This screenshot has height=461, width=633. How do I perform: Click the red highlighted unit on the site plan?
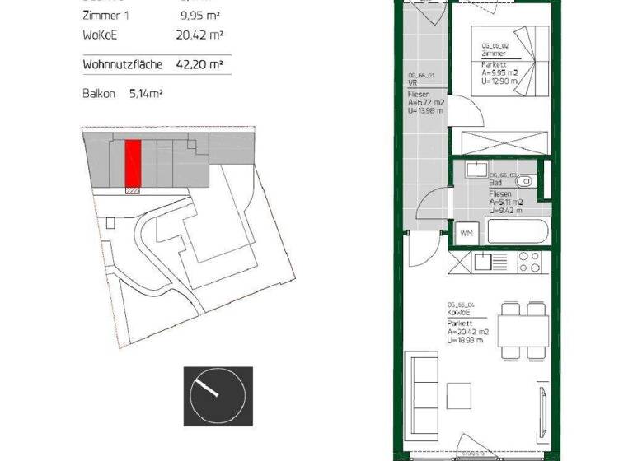pos(133,163)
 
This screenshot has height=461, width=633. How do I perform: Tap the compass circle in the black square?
pos(217,395)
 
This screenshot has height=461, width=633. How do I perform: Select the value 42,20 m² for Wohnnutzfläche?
pos(200,63)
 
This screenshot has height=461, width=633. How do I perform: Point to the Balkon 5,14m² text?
pos(123,94)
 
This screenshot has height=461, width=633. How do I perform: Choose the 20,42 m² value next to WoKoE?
pos(200,35)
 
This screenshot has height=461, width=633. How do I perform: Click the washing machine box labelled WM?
pos(467,233)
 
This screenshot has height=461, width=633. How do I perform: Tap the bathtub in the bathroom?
pos(517,230)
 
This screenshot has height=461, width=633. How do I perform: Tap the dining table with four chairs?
pos(525,331)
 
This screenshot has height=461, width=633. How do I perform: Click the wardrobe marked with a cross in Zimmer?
pos(502,142)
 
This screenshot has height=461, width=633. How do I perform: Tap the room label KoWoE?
pos(459,313)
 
